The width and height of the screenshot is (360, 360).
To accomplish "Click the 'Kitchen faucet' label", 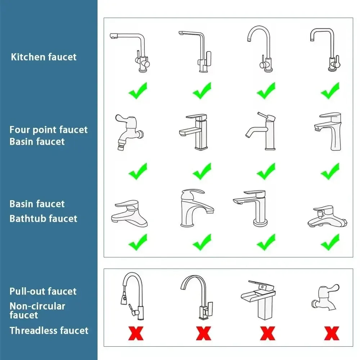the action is (x=44, y=57).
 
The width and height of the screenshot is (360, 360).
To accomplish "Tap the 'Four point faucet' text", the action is (x=49, y=130).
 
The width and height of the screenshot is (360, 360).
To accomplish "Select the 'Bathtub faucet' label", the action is (x=44, y=219).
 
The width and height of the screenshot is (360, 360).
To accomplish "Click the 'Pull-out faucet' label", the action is (x=43, y=291).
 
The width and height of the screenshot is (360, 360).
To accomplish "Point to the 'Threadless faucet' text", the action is (x=49, y=330).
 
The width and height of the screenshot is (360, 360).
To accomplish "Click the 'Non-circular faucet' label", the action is (x=37, y=310).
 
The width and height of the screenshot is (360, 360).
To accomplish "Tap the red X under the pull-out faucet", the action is (x=136, y=333).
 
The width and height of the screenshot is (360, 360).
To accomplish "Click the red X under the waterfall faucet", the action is (x=267, y=333).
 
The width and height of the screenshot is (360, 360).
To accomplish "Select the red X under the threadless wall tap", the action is (x=332, y=333).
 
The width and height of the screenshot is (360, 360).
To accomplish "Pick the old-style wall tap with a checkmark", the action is (x=129, y=132).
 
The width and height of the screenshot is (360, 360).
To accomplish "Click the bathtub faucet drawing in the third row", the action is (x=327, y=216).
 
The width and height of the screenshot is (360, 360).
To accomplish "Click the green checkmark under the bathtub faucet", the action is (x=330, y=242).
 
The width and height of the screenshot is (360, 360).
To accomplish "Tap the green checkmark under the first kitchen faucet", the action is (x=138, y=91).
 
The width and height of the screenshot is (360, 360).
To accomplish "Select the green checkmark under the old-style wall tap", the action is (x=138, y=171).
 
